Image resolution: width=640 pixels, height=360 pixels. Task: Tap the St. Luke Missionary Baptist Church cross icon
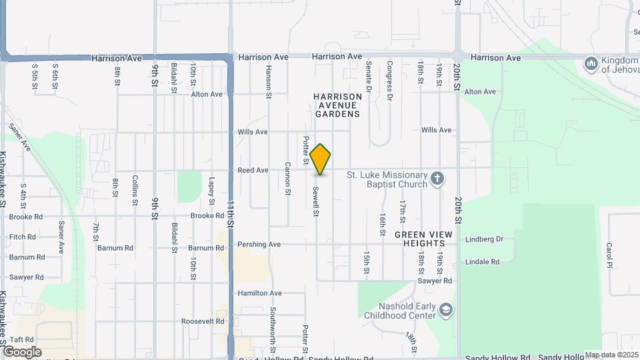(x=437, y=178)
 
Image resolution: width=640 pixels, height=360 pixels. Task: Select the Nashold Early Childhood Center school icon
(x=445, y=310)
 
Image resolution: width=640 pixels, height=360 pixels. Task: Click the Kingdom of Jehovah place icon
(x=591, y=64)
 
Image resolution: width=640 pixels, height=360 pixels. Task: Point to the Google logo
(x=22, y=351)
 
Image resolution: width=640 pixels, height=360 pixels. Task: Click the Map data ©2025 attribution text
(x=611, y=355)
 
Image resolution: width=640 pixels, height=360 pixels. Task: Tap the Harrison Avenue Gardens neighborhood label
(x=338, y=105)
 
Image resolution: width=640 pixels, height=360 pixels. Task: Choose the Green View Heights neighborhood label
(x=423, y=239)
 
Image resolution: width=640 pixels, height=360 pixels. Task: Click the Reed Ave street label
(x=253, y=171)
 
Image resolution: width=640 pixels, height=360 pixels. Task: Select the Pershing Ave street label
(x=259, y=245)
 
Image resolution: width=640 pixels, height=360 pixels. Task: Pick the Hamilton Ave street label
(x=260, y=293)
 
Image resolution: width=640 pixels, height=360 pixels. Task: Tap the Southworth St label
(x=273, y=331)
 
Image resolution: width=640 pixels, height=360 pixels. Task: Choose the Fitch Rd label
(x=23, y=237)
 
